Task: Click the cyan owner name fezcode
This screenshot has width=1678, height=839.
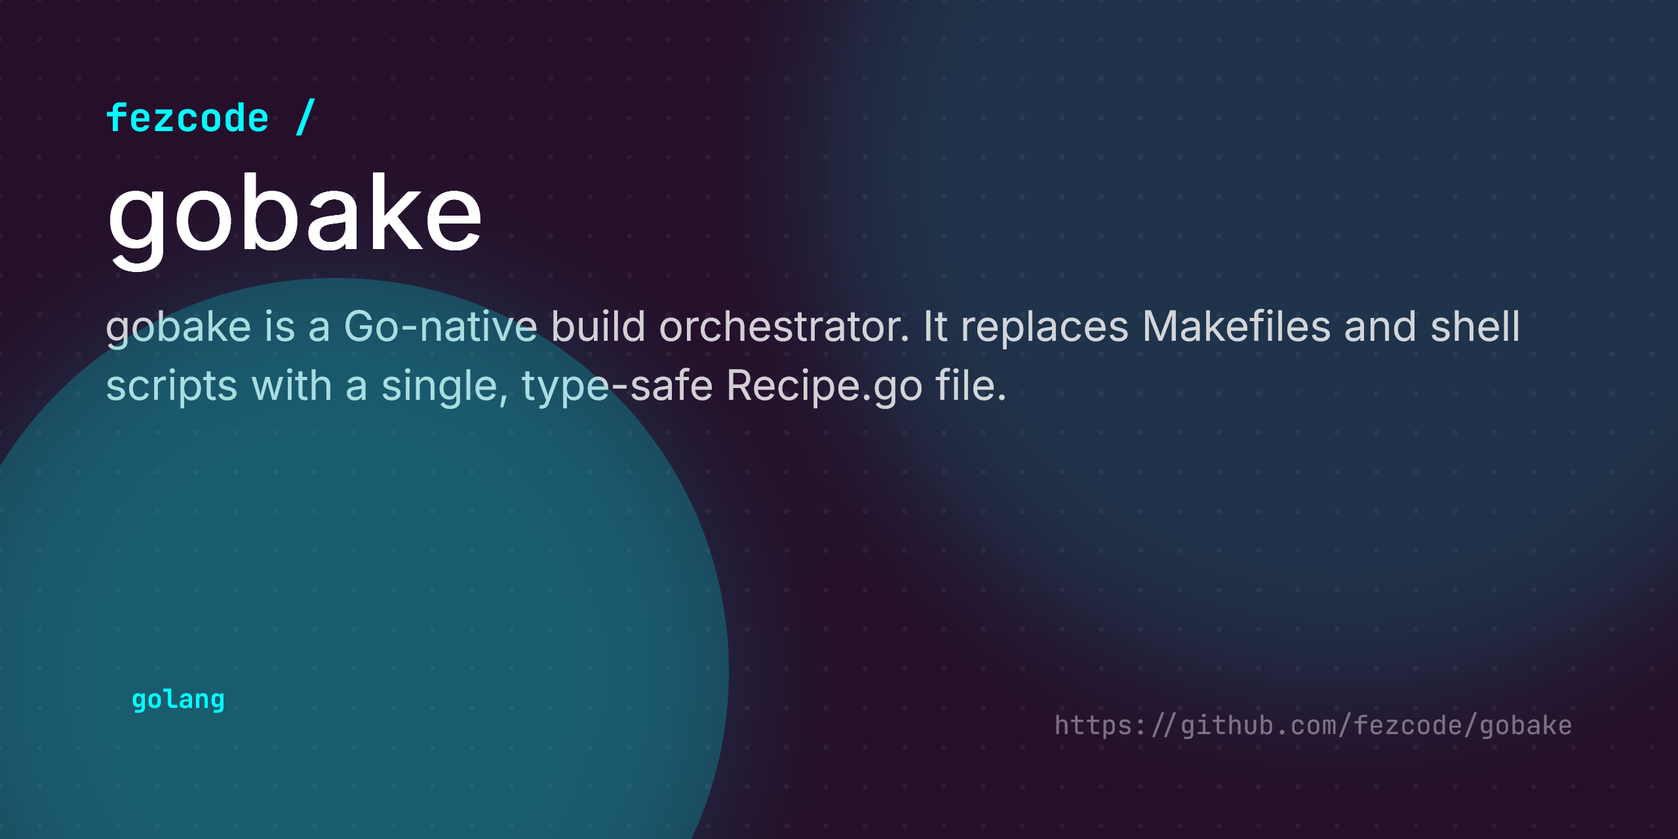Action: pos(187,118)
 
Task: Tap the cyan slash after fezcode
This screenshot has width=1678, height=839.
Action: pos(305,117)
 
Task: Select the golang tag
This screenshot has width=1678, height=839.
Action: pos(178,700)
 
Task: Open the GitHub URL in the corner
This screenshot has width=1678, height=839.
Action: pos(1313,726)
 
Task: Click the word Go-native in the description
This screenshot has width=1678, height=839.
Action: pos(440,326)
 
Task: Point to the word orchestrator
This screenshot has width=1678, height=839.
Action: pos(784,326)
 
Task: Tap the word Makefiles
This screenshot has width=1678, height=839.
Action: pos(1236,326)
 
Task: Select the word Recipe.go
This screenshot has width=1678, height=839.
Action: pos(825,387)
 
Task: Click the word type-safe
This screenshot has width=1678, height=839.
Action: pos(617,387)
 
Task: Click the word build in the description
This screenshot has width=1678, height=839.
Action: pos(598,326)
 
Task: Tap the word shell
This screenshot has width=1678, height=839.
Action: pos(1475,326)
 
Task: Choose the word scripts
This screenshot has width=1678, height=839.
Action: pos(172,387)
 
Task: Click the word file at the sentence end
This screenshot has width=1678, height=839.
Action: pos(971,385)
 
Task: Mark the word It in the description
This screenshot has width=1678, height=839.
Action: pos(935,326)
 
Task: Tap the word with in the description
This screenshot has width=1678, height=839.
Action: pos(292,385)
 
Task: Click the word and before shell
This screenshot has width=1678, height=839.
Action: pos(1380,326)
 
